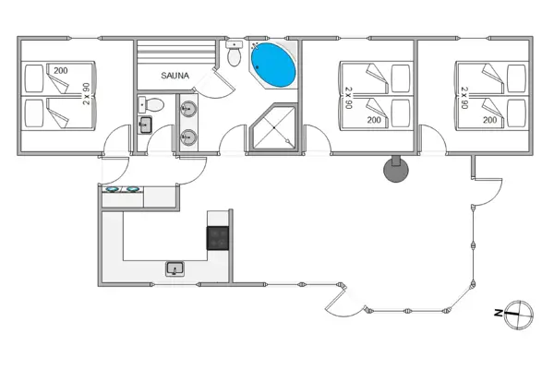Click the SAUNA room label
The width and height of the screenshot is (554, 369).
(x=175, y=76)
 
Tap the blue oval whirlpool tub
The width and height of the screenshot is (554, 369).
(x=273, y=65)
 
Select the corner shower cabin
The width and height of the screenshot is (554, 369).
(x=273, y=127)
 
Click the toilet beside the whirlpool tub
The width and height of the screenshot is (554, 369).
(x=234, y=54)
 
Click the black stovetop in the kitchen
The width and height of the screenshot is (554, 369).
(x=218, y=238)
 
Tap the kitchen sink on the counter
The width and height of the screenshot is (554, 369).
(x=175, y=268)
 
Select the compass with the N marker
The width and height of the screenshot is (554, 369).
(x=518, y=315)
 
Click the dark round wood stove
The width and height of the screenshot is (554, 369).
(x=396, y=169)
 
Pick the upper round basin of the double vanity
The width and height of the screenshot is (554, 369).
(x=188, y=109)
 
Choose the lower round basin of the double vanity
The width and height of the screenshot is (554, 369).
(x=188, y=137)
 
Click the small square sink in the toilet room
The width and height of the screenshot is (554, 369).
(x=145, y=125)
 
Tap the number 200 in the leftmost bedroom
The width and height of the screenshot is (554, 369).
(x=61, y=71)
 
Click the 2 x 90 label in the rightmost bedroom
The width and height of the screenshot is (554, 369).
(x=464, y=98)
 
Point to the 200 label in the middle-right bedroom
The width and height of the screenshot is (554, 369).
(x=374, y=120)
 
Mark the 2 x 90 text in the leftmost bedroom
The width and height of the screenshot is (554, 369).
(x=86, y=93)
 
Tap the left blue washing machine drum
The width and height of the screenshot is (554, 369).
(x=112, y=190)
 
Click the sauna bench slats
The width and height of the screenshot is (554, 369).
(x=176, y=52)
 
